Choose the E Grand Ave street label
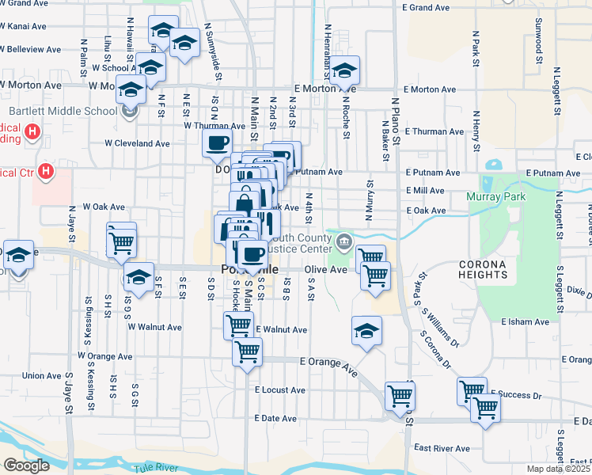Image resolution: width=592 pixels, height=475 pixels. coord(426,7)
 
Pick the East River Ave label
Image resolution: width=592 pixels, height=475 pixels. coord(442,448)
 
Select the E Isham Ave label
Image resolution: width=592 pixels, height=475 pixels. coord(526,322)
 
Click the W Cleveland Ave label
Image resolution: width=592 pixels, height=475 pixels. coord(138,144)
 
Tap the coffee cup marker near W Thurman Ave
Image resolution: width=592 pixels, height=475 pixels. coord(217,143)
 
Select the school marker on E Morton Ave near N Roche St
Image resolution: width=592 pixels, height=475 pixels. coord(344,70)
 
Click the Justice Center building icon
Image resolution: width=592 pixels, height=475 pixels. coord(343,240)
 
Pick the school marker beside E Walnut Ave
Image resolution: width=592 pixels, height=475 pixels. coord(366,331)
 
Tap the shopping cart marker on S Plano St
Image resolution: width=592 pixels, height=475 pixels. coord(400,395)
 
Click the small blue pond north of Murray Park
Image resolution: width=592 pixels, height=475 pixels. coord(494,166)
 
